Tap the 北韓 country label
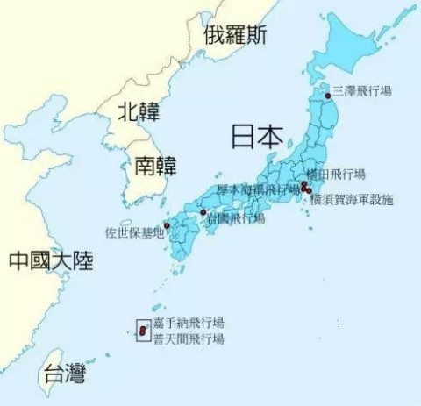(140, 111)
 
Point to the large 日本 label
(257, 137)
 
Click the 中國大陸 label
(51, 260)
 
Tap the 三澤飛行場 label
(361, 90)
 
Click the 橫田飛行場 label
(337, 174)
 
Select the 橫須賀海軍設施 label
(352, 200)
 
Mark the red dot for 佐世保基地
(167, 225)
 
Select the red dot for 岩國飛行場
(203, 212)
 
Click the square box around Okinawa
(142, 331)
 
